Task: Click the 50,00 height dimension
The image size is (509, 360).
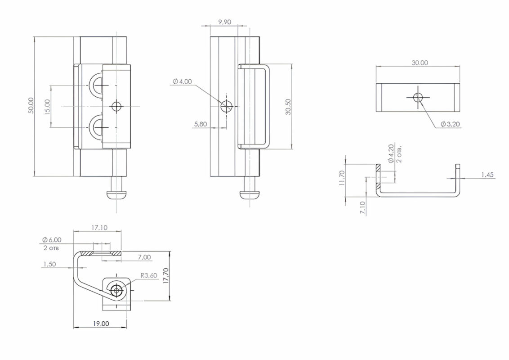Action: pyautogui.click(x=31, y=105)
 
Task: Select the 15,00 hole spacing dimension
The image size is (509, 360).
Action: pyautogui.click(x=47, y=107)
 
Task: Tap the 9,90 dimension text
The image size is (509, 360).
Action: pyautogui.click(x=225, y=22)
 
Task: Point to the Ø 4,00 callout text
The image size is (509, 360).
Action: pyautogui.click(x=183, y=81)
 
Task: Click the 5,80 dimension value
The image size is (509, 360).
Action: pyautogui.click(x=201, y=124)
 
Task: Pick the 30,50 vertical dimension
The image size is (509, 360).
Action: pyautogui.click(x=288, y=107)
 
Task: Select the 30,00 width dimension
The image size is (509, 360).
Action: pyautogui.click(x=420, y=63)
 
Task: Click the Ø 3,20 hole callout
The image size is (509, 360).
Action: pyautogui.click(x=450, y=124)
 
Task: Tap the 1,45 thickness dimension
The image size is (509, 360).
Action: pyautogui.click(x=487, y=175)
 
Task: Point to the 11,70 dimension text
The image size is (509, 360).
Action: pyautogui.click(x=341, y=178)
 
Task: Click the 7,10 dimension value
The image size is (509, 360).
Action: pyautogui.click(x=362, y=208)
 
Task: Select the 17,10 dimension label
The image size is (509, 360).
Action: pyautogui.click(x=99, y=228)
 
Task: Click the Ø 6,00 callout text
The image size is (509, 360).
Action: pyautogui.click(x=52, y=240)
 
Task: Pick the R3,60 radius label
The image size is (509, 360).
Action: pyautogui.click(x=149, y=275)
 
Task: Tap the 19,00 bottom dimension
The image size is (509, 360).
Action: pyautogui.click(x=101, y=324)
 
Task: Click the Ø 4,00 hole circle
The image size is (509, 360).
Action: pyautogui.click(x=227, y=106)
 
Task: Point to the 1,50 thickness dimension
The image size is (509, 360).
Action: pyautogui.click(x=49, y=264)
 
